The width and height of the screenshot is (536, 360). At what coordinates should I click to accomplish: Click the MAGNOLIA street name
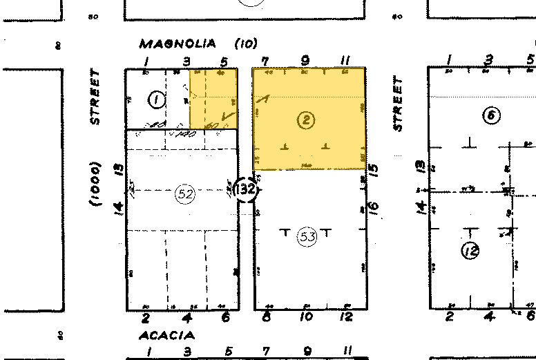182,44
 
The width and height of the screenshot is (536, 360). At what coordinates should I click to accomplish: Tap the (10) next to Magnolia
245,44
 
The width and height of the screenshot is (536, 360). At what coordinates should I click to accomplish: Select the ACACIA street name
166,335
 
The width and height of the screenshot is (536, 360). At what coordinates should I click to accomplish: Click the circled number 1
157,101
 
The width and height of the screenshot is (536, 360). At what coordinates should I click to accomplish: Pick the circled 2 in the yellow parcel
305,120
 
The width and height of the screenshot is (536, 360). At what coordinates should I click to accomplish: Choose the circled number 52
184,194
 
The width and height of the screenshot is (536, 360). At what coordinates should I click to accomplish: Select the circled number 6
491,115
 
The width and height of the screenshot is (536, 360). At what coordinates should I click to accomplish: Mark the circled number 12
472,250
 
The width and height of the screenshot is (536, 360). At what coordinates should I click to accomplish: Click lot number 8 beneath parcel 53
267,317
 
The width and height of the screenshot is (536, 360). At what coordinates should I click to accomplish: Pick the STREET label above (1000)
95,97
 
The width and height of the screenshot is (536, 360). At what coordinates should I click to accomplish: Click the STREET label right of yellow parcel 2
397,104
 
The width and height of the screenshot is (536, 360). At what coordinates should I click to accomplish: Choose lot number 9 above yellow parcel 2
305,60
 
